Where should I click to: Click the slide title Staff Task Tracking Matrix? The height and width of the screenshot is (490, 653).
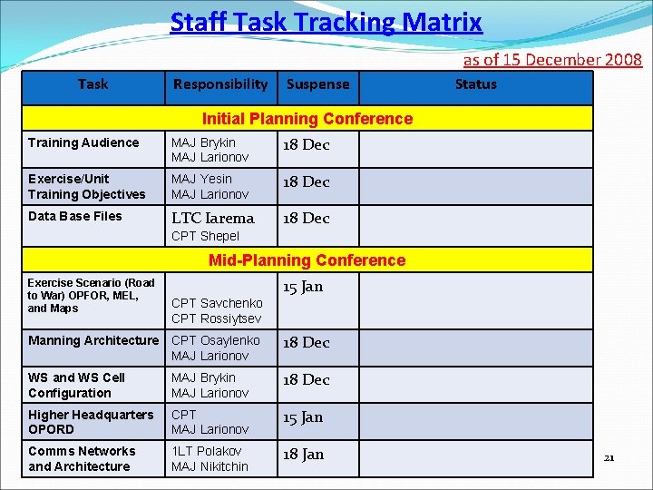point(326,22)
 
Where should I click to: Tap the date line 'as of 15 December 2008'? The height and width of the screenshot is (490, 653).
point(552,60)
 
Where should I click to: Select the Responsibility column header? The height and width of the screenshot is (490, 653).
point(220,84)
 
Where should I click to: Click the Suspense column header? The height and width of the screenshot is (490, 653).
point(317,84)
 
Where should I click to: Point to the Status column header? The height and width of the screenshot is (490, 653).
point(476,84)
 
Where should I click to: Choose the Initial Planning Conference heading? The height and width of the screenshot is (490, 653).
point(307,119)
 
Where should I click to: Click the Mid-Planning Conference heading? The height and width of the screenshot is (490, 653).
point(307,260)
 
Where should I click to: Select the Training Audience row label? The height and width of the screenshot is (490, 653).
point(83,142)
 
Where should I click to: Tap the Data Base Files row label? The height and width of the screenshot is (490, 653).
point(74,216)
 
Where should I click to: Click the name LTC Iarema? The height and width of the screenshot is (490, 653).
point(213,218)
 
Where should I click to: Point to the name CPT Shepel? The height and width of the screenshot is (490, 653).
point(205,236)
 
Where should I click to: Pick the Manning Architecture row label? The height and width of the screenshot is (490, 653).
point(93,340)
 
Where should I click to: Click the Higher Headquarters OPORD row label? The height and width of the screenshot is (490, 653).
point(91,422)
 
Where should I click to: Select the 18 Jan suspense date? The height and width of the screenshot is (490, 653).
point(303,455)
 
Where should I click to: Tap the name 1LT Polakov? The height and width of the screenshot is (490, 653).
point(207,451)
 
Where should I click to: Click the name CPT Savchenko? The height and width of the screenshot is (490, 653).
point(217,303)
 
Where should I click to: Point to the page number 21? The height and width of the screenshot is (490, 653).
point(609,457)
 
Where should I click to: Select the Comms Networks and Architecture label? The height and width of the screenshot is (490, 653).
point(81,459)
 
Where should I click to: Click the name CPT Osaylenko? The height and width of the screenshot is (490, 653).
point(216,340)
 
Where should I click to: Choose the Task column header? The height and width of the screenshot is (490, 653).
point(93,84)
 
